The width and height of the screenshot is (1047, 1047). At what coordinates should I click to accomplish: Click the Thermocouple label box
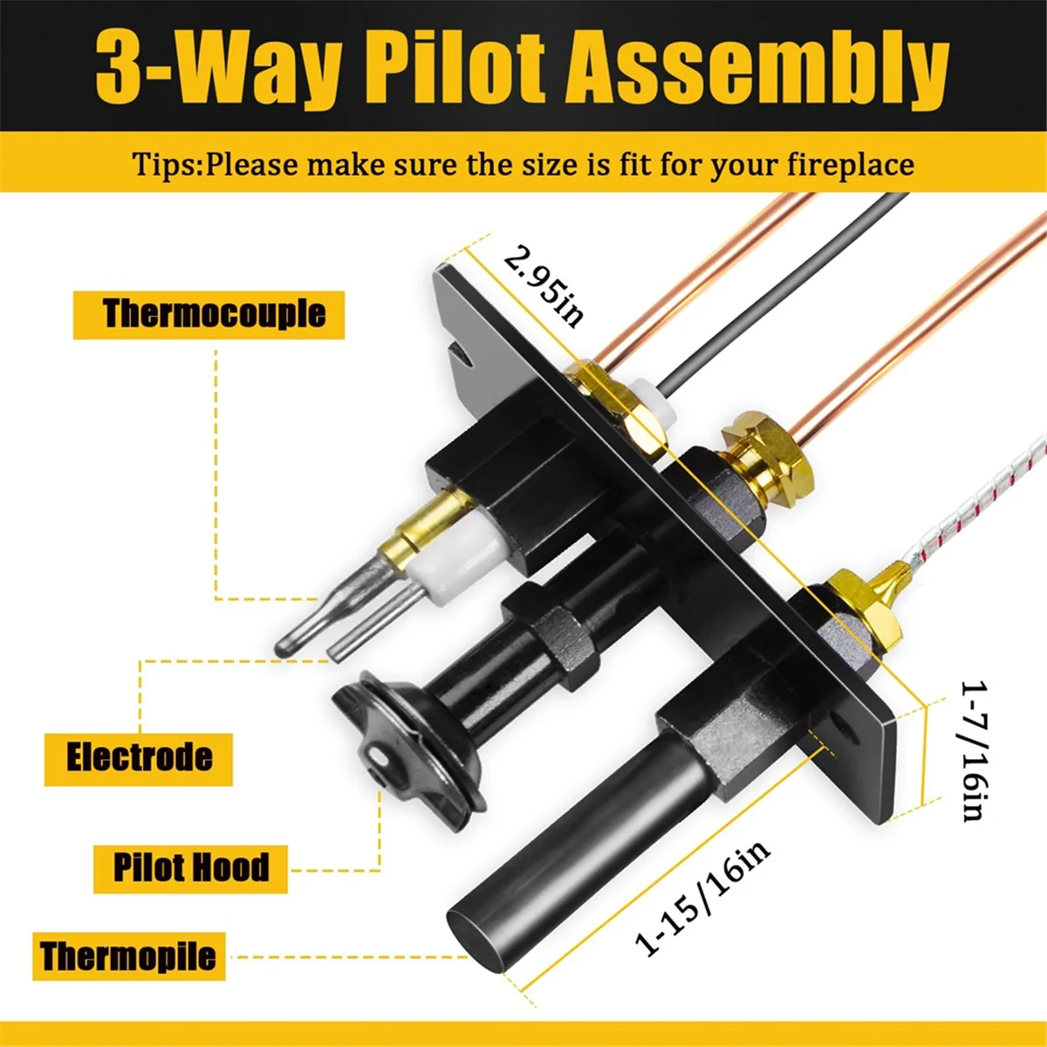pyautogui.click(x=209, y=314)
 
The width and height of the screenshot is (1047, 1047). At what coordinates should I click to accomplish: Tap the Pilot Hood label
pyautogui.click(x=190, y=867)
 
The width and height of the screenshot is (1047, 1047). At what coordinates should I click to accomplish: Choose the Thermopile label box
pyautogui.click(x=128, y=955)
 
